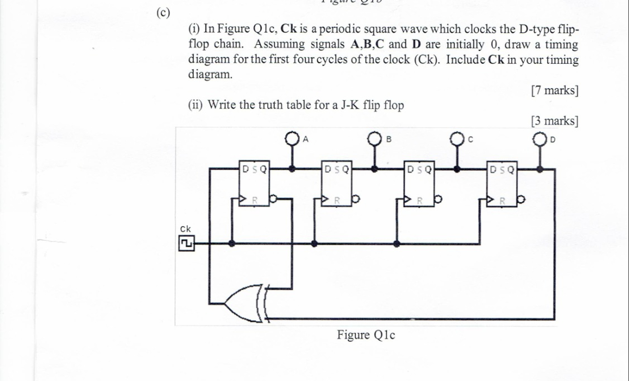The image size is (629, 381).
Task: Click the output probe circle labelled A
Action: point(293,139)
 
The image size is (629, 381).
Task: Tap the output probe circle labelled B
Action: point(374,139)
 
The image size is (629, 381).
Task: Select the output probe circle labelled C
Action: point(456,139)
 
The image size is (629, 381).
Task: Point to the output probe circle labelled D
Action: point(540,139)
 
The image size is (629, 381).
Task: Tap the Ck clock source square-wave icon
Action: point(187,243)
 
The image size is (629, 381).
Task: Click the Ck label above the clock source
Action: point(185,229)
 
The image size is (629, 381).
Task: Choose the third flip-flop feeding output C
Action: point(419,184)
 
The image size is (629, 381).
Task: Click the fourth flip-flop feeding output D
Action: point(503,184)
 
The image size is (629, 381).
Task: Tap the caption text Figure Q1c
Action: point(366,335)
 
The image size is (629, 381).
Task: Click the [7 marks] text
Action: point(554,91)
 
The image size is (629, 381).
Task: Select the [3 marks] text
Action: point(554,121)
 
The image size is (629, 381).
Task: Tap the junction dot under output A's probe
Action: point(293,169)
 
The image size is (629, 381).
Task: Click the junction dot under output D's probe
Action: point(540,169)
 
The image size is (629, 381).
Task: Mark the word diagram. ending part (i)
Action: point(210,75)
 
